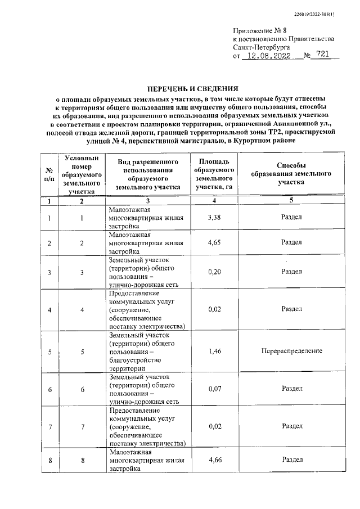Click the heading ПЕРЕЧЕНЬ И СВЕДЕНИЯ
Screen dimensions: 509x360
coord(192,88)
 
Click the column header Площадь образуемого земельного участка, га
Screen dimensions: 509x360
coord(214,174)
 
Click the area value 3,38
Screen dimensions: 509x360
coord(214,217)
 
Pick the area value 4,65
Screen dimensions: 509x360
coord(214,243)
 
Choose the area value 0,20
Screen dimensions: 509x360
coord(214,272)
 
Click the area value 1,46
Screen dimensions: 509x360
coord(214,351)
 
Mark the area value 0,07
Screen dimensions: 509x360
coord(214,388)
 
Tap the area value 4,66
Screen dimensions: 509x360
coord(214,461)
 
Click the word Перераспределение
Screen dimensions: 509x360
coord(291,351)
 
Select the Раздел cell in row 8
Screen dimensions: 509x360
coord(291,461)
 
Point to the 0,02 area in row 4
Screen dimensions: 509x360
coord(214,309)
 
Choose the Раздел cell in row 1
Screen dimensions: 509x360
coord(291,217)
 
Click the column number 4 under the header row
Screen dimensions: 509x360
coord(214,200)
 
